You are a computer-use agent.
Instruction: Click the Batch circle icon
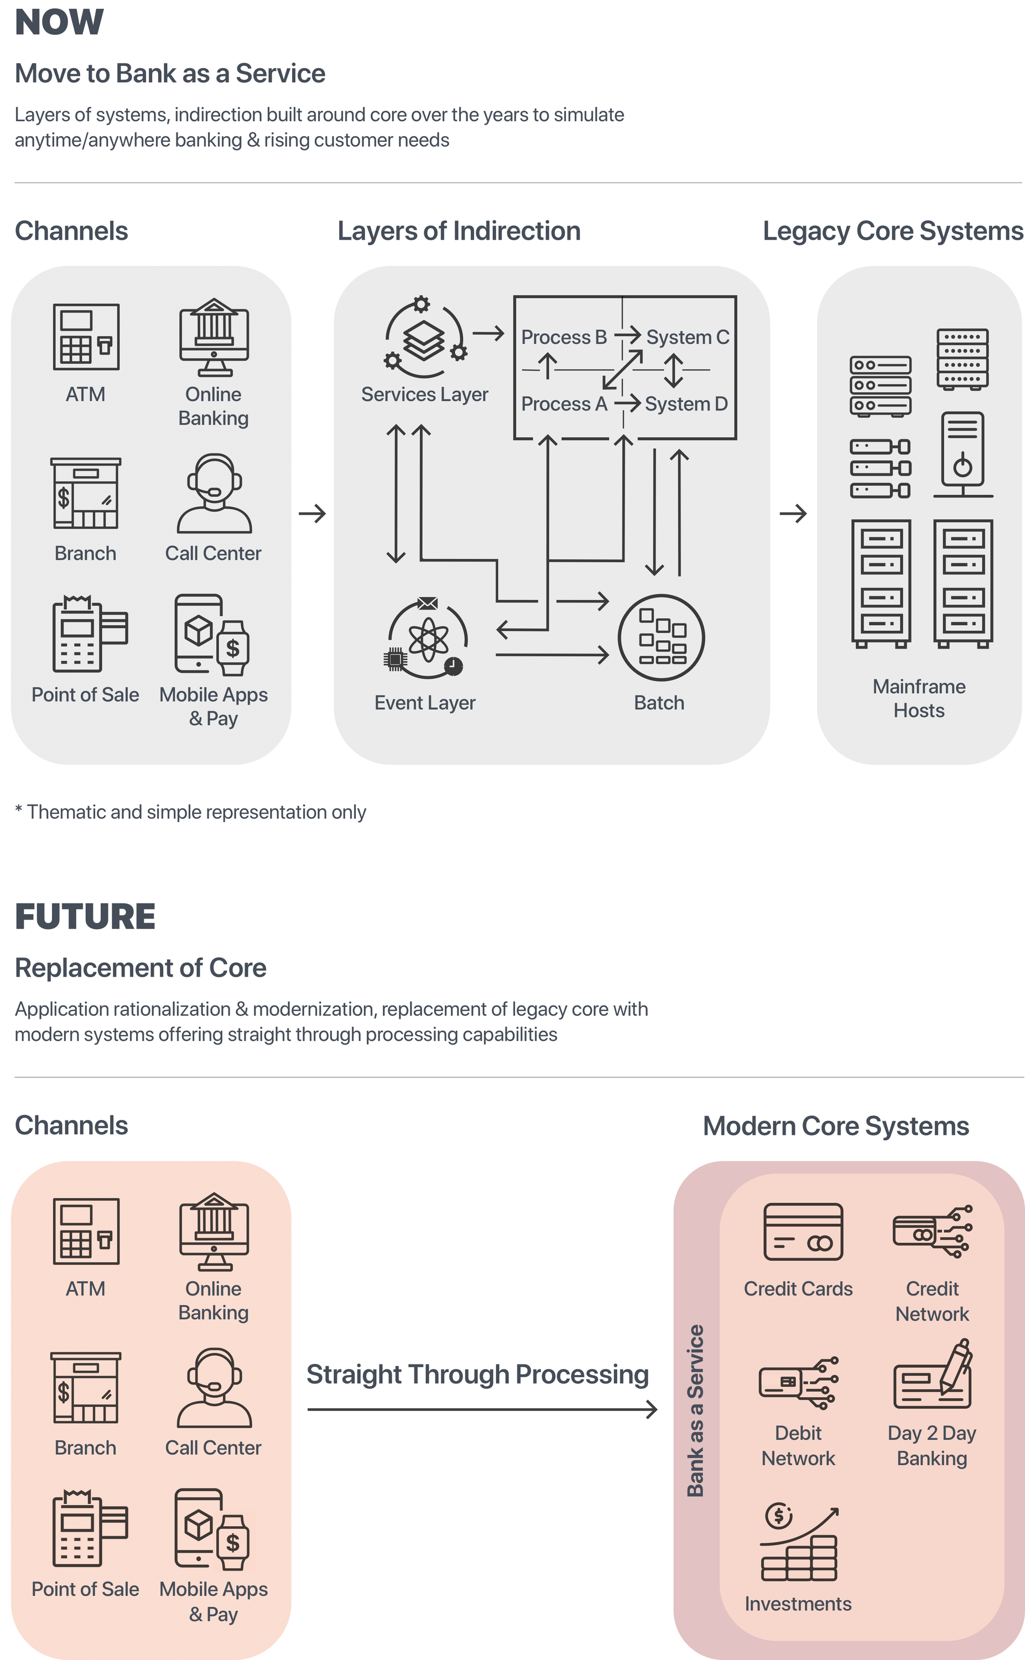pos(661,637)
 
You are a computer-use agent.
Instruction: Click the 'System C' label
pos(688,337)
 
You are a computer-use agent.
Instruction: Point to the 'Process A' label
pos(564,403)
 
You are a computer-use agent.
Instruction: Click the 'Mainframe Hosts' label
pos(919,698)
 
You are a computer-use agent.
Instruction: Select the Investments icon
pos(799,1543)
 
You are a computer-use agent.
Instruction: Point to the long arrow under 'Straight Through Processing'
pos(481,1410)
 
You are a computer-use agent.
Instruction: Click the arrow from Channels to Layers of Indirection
pos(313,513)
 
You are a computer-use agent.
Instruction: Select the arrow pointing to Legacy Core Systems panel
pos(793,513)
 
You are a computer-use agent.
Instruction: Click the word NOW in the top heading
pos(60,22)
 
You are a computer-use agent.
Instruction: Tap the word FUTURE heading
pos(85,916)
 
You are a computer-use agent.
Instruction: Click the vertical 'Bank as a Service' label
pos(695,1410)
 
